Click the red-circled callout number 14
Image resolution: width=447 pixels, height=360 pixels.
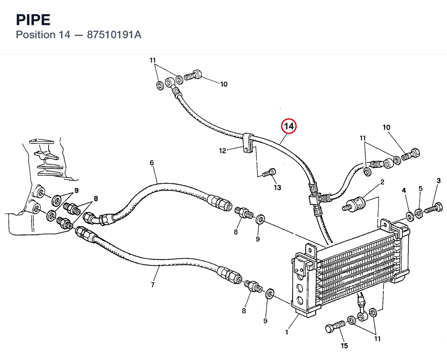pyautogui.click(x=289, y=126)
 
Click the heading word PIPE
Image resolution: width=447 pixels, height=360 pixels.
pyautogui.click(x=33, y=20)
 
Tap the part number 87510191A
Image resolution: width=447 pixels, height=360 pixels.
pyautogui.click(x=114, y=35)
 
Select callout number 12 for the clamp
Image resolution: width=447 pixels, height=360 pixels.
pyautogui.click(x=222, y=151)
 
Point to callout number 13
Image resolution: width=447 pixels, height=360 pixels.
pyautogui.click(x=278, y=188)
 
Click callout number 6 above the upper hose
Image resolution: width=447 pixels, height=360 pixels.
pyautogui.click(x=152, y=163)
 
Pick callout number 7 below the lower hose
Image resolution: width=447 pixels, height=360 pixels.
pyautogui.click(x=153, y=284)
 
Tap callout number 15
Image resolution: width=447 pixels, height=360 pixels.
pyautogui.click(x=344, y=346)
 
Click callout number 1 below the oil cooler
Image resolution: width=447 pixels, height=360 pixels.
pyautogui.click(x=286, y=332)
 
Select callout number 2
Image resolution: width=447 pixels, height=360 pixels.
pyautogui.click(x=382, y=182)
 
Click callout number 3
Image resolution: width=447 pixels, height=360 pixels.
pyautogui.click(x=439, y=181)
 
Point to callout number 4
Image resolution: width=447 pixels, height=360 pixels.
pyautogui.click(x=404, y=190)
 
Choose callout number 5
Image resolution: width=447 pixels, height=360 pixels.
pyautogui.click(x=420, y=189)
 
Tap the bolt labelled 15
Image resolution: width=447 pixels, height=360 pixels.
pyautogui.click(x=335, y=326)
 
